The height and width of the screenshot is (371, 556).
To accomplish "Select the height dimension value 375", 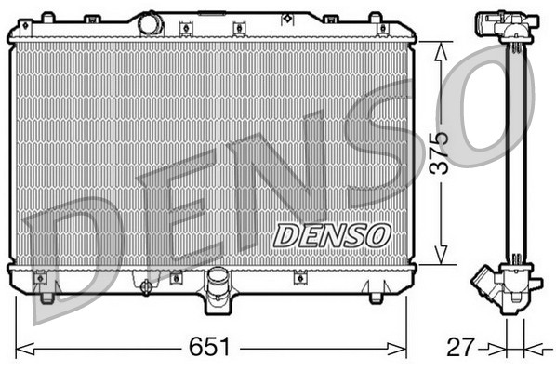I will point(439,153).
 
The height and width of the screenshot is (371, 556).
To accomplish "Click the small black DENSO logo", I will point(331,235).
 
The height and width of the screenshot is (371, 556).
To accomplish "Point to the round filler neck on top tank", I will point(151,23).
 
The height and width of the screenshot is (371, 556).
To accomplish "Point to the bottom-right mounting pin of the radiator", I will point(375,298).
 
